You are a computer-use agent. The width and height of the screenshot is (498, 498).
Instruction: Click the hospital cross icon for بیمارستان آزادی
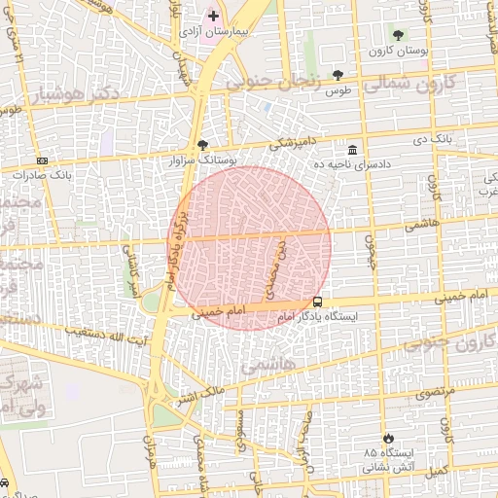point(214,16)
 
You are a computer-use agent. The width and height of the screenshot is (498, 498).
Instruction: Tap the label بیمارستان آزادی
point(216,33)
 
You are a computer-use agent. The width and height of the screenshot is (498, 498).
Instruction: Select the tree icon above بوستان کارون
point(398,35)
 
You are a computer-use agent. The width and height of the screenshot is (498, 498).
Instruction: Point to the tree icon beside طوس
point(338,75)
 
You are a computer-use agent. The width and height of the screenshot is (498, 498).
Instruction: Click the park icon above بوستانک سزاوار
point(202,144)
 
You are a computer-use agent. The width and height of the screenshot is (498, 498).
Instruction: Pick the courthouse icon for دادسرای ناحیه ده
point(351,150)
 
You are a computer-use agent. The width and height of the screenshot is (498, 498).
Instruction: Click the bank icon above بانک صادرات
point(41,160)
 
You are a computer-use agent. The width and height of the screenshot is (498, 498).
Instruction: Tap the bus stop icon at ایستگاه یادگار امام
point(318,302)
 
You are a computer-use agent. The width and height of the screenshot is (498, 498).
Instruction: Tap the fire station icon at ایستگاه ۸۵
point(389,439)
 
